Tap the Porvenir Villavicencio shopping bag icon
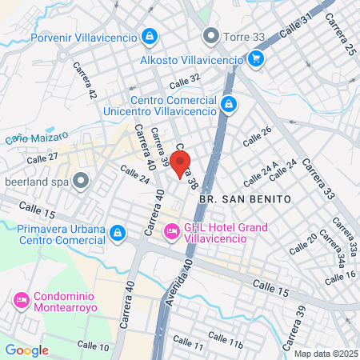[149, 36]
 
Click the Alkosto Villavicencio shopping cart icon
[255, 58]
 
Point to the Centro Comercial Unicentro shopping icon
[229, 103]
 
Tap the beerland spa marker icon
[80, 182]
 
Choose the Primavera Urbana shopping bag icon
[118, 233]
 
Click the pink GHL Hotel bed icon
[171, 232]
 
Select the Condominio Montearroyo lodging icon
[22, 300]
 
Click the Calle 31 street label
[296, 33]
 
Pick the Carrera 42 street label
[84, 80]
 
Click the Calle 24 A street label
[261, 170]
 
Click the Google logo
[26, 350]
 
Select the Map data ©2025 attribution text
[324, 354]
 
